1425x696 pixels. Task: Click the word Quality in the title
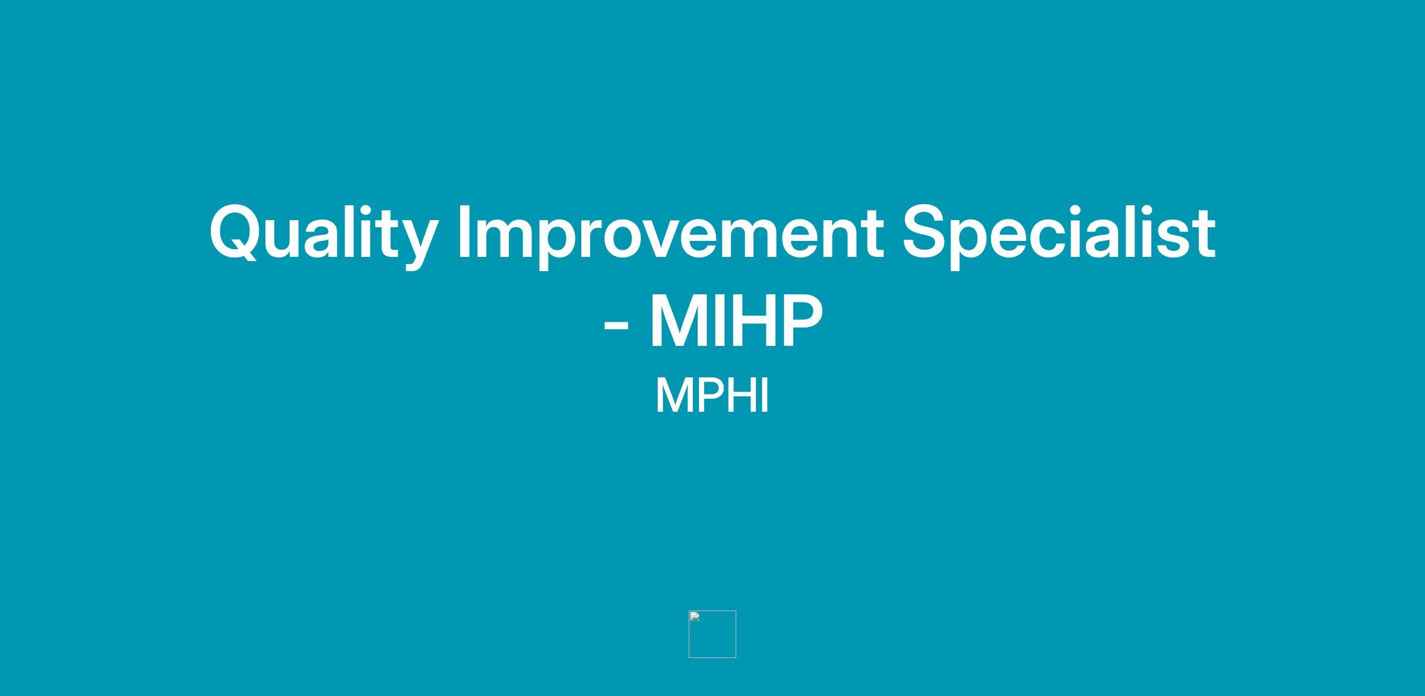(324, 235)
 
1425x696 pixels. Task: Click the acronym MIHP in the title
(736, 321)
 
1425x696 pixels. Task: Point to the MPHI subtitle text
(712, 396)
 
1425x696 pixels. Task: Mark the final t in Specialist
(1203, 235)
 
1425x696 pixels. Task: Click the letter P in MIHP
(803, 321)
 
